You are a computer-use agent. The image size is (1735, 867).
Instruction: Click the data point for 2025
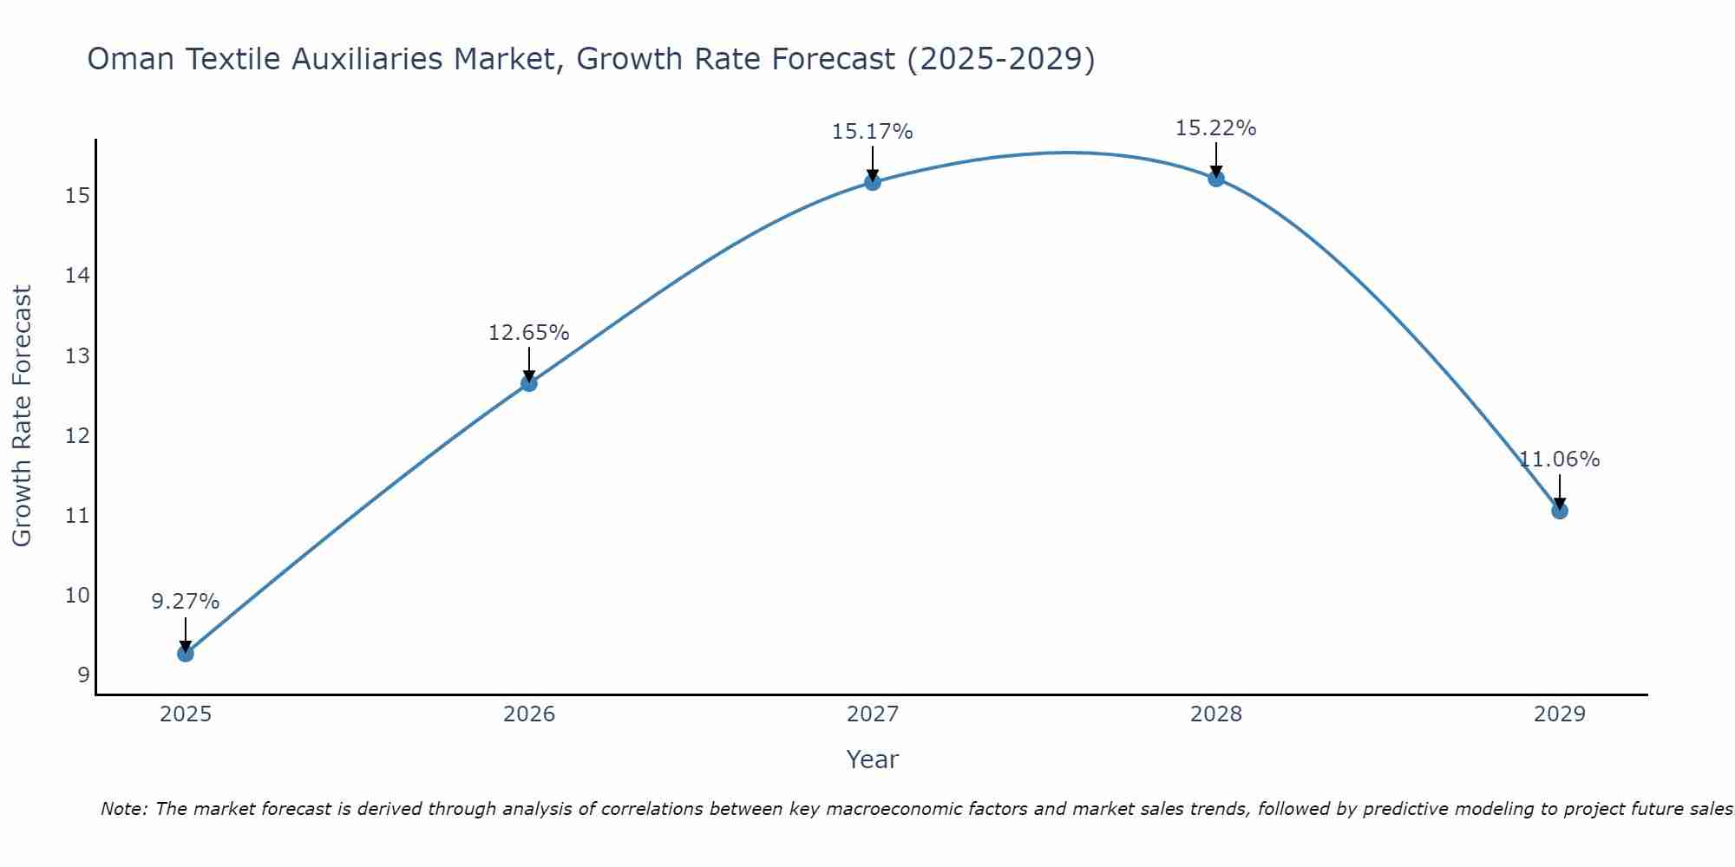[186, 653]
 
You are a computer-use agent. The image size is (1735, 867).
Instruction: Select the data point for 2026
[529, 383]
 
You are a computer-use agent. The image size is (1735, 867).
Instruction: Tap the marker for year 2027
[873, 182]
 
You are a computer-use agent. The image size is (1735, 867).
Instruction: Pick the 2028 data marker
[1216, 179]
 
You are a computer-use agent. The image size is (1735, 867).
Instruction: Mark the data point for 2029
[1560, 511]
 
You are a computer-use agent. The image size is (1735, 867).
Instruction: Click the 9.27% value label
[186, 602]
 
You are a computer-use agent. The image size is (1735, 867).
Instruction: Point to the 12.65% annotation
[529, 333]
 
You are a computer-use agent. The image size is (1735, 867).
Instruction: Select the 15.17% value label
[873, 132]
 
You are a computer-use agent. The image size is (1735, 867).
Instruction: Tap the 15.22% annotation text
[1216, 128]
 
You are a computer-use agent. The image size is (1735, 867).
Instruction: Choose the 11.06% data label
[1560, 460]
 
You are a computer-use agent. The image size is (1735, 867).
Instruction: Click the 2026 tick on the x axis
[529, 714]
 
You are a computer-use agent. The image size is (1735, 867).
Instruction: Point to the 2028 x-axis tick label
[1216, 714]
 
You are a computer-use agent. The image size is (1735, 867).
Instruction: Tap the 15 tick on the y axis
[77, 196]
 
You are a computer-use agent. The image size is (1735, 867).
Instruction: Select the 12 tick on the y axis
[77, 435]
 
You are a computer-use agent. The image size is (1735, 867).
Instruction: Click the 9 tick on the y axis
[83, 675]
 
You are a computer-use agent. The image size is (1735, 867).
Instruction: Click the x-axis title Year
[873, 759]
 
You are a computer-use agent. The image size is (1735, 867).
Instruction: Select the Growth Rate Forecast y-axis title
[23, 416]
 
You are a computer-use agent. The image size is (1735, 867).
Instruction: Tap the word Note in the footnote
[123, 809]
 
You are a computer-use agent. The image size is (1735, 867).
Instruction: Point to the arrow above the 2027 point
[873, 162]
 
